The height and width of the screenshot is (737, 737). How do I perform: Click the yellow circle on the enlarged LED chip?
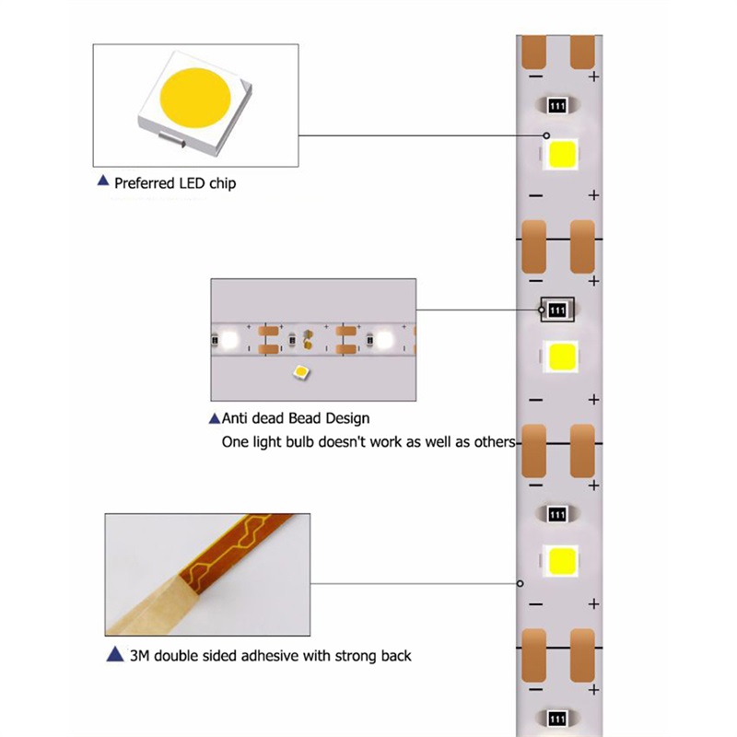tap(195, 98)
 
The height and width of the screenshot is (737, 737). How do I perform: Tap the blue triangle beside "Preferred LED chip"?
tap(103, 181)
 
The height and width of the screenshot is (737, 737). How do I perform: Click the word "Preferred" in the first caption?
tap(144, 182)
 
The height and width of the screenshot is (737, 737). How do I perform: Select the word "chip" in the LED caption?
tap(222, 182)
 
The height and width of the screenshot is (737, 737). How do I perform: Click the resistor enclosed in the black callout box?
tap(557, 310)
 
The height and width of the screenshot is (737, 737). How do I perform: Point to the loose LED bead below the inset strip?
tap(301, 373)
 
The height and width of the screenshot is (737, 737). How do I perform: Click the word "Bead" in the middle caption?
tap(305, 418)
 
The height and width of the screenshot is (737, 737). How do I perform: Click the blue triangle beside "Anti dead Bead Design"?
tap(215, 418)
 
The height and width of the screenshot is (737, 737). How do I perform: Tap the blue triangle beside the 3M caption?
tap(115, 654)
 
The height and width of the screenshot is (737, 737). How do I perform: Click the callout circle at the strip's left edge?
tap(520, 583)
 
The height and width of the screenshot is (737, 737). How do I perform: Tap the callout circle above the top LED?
tap(546, 135)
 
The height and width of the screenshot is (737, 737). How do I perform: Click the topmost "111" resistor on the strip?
tap(557, 106)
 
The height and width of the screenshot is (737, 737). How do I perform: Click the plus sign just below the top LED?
tap(593, 195)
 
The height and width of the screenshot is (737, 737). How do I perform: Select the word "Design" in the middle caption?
tap(348, 418)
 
